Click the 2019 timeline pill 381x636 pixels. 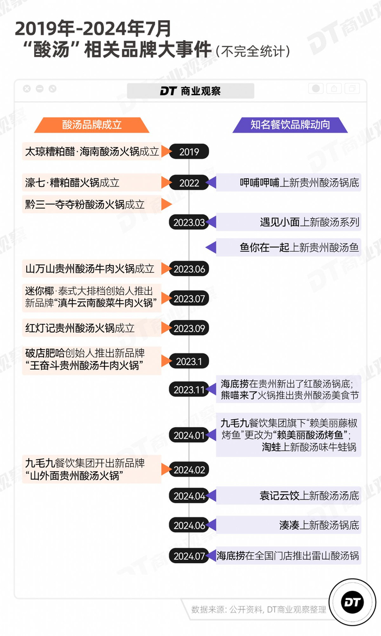click(189, 152)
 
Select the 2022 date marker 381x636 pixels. click(189, 183)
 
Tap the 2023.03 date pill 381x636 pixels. click(189, 222)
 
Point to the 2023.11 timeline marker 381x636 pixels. click(189, 390)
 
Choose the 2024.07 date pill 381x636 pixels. click(189, 556)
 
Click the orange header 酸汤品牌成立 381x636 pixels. click(92, 125)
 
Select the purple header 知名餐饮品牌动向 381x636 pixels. click(290, 125)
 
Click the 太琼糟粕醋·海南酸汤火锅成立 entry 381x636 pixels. click(92, 152)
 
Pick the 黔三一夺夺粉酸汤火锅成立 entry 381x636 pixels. click(85, 204)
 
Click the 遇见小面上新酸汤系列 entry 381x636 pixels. click(309, 222)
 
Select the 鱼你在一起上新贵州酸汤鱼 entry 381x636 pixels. click(299, 247)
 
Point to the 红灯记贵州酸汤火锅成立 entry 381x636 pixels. click(80, 328)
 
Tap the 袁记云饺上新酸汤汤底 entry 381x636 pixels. click(309, 496)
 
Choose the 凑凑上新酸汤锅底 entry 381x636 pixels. click(319, 526)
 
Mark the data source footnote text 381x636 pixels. click(259, 609)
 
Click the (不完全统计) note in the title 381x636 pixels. click(253, 51)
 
